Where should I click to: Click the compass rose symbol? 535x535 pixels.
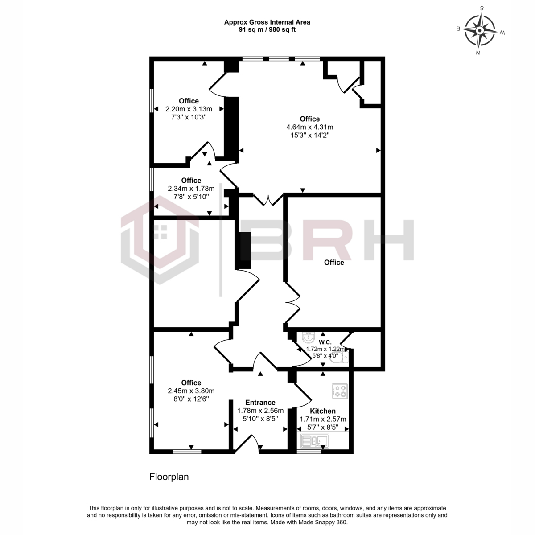[x=480, y=31]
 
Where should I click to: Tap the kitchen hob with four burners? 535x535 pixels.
[x=340, y=391]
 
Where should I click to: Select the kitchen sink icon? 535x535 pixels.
[x=315, y=440]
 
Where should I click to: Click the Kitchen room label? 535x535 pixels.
[x=323, y=411]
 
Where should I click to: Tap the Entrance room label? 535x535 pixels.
[x=260, y=403]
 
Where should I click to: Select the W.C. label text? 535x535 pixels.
[x=325, y=342]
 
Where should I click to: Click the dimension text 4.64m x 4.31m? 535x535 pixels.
[x=309, y=127]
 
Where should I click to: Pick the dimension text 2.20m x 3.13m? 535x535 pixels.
[x=189, y=109]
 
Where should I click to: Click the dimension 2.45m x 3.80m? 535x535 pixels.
[x=191, y=391]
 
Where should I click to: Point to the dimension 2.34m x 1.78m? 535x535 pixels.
[x=191, y=189]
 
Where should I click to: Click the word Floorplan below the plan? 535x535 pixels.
[x=169, y=477]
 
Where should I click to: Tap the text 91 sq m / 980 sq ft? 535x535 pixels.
[x=267, y=29]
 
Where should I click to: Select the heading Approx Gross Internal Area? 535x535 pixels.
[x=267, y=22]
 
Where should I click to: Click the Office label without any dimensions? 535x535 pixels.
[x=334, y=262]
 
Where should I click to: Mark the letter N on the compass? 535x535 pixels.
[x=478, y=53]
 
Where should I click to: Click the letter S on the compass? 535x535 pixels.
[x=481, y=8]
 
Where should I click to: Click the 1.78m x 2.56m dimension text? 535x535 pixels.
[x=260, y=411]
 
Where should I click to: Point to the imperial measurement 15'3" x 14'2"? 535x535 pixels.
[x=309, y=135]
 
